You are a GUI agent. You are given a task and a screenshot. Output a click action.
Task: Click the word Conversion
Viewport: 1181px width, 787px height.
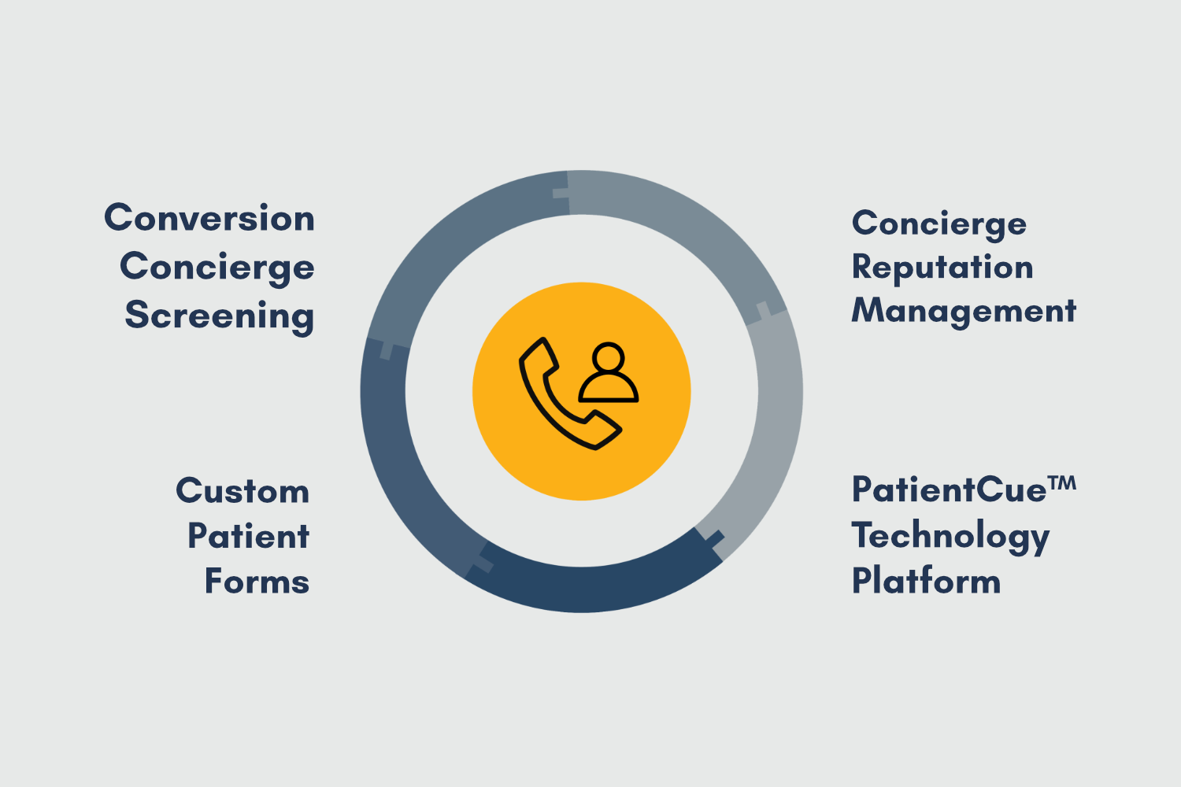(209, 218)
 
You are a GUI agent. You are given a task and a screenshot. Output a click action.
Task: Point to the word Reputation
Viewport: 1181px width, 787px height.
(942, 268)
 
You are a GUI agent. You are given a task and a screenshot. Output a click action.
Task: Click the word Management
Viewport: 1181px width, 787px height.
(964, 312)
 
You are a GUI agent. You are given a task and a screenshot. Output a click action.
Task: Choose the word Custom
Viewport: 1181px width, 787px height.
(242, 491)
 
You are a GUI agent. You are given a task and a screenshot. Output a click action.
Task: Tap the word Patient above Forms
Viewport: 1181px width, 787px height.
(248, 536)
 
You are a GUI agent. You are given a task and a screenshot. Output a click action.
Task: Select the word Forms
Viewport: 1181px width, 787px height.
(257, 582)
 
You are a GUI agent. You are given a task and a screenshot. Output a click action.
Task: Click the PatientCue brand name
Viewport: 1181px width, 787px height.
(949, 490)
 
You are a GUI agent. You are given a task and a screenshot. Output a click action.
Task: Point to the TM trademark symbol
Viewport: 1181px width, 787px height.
(1062, 483)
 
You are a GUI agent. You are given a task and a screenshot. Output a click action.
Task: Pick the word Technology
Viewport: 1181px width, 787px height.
(950, 537)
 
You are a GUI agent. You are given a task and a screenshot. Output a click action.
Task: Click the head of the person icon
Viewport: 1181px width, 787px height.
(609, 357)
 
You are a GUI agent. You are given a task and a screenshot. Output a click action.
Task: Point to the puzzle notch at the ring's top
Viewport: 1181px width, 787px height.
(561, 193)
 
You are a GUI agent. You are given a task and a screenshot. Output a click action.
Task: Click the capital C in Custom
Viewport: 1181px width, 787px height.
(189, 491)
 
